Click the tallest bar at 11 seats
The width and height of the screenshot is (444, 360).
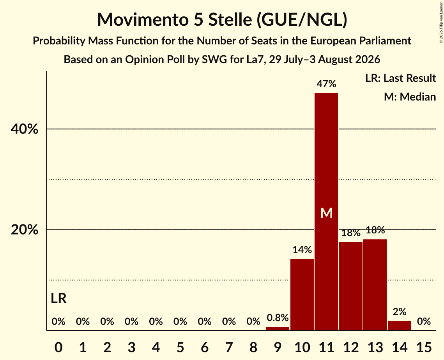coord(326,212)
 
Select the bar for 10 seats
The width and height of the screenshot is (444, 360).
coord(302,295)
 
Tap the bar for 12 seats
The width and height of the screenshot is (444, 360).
coord(350,286)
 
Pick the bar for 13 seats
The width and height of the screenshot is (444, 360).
coord(375,285)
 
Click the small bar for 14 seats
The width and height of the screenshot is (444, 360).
coord(399,325)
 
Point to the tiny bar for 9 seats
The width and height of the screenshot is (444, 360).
coord(278,328)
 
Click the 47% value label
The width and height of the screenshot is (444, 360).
coord(326,84)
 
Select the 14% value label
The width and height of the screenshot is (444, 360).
coord(302,250)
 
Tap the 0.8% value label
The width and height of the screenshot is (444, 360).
coord(278,318)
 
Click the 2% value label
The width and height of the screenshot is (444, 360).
coord(400,312)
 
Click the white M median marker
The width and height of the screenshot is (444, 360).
coord(326,213)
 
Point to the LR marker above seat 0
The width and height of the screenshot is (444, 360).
coord(58,298)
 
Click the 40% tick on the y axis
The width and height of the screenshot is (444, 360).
coord(24,129)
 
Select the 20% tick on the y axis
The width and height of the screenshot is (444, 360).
coord(24,230)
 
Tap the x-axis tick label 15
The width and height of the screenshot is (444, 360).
coord(424,347)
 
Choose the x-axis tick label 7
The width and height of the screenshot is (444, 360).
coord(229,347)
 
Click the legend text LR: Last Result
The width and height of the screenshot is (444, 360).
coord(400,78)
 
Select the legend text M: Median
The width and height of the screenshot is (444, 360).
coord(410,97)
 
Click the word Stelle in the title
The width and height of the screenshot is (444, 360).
coord(230,19)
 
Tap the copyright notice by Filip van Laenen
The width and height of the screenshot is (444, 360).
coord(441,22)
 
